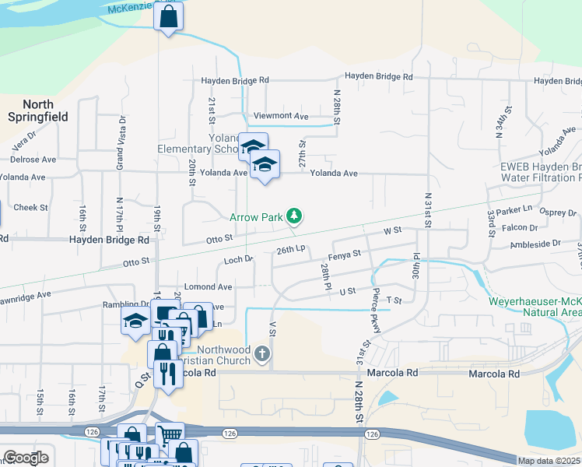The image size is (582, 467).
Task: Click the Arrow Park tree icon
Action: [293, 216]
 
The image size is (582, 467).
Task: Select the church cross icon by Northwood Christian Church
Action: [263, 355]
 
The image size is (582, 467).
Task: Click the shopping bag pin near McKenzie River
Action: [168, 16]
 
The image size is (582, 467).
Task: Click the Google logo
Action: [26, 458]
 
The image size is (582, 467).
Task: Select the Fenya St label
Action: [345, 255]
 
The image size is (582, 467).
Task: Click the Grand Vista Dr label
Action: [121, 142]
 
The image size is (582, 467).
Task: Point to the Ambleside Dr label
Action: [535, 244]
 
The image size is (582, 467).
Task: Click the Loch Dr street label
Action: [239, 260]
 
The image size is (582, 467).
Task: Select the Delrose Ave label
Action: [33, 159]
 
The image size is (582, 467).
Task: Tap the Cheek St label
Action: [31, 208]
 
